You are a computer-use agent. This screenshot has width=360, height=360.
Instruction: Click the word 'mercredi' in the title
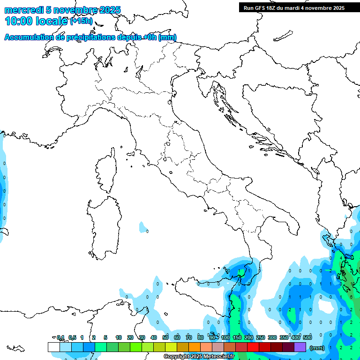(x=24, y=10)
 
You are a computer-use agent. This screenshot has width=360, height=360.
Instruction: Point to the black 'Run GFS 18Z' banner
(x=294, y=7)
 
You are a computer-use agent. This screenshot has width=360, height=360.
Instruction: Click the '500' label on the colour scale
(x=307, y=337)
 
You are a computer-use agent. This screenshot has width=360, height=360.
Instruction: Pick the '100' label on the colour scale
(x=225, y=337)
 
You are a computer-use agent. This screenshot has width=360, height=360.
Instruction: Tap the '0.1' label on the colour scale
(x=60, y=337)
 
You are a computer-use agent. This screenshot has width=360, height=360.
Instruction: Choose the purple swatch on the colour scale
(x=300, y=347)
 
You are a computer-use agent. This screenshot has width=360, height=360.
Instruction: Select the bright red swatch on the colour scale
(x=253, y=347)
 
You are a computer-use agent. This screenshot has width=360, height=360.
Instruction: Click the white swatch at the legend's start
(x=53, y=347)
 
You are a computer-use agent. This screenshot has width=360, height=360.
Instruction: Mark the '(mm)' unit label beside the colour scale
(x=317, y=348)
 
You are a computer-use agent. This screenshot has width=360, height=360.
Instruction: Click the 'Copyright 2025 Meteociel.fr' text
(x=199, y=357)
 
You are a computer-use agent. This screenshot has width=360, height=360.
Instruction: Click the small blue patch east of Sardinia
(x=143, y=228)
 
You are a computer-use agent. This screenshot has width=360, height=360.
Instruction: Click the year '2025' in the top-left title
(x=109, y=10)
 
